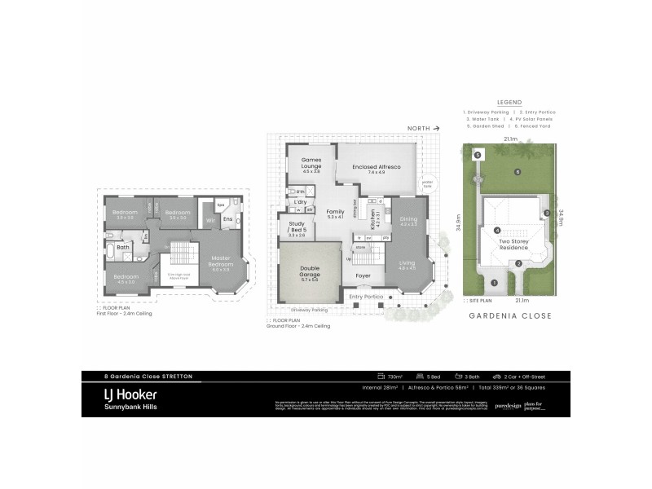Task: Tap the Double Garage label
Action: (x=311, y=272)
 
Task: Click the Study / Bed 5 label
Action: (x=297, y=228)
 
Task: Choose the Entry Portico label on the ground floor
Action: (x=366, y=296)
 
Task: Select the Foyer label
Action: (x=363, y=275)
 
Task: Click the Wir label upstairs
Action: (x=209, y=219)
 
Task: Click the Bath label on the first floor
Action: (x=123, y=247)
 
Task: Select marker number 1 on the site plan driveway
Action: (x=494, y=282)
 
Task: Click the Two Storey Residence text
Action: (x=515, y=244)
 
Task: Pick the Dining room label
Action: (x=408, y=221)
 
